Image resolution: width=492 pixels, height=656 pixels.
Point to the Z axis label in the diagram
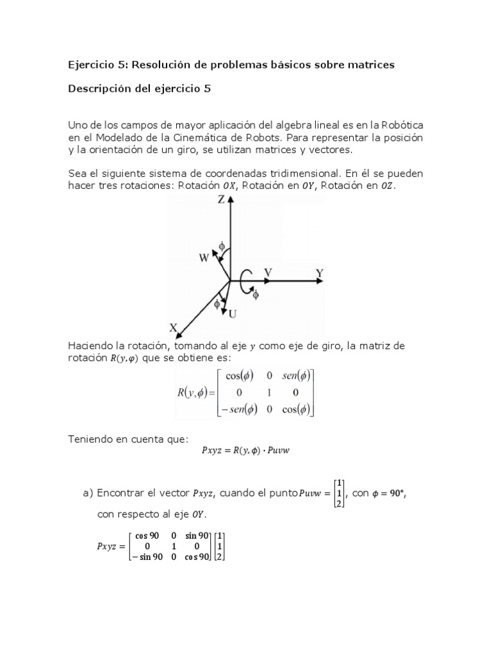point(220,200)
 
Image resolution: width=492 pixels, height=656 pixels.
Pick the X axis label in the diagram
point(173,327)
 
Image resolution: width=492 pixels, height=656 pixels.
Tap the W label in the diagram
point(204,258)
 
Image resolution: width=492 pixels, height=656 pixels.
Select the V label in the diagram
point(268,273)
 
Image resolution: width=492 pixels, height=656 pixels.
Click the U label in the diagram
point(233,313)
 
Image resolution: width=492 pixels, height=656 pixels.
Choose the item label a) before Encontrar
point(88,493)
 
